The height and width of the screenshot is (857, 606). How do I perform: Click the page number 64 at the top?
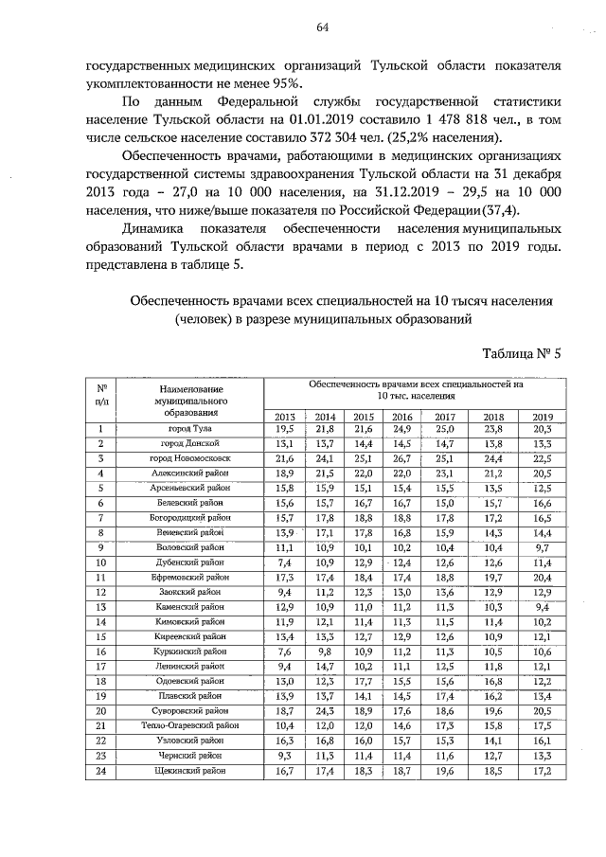[322, 27]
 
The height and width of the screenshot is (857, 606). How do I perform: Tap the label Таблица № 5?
[522, 354]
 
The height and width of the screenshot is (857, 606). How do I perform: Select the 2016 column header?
[401, 416]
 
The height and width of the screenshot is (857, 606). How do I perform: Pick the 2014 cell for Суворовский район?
[325, 710]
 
